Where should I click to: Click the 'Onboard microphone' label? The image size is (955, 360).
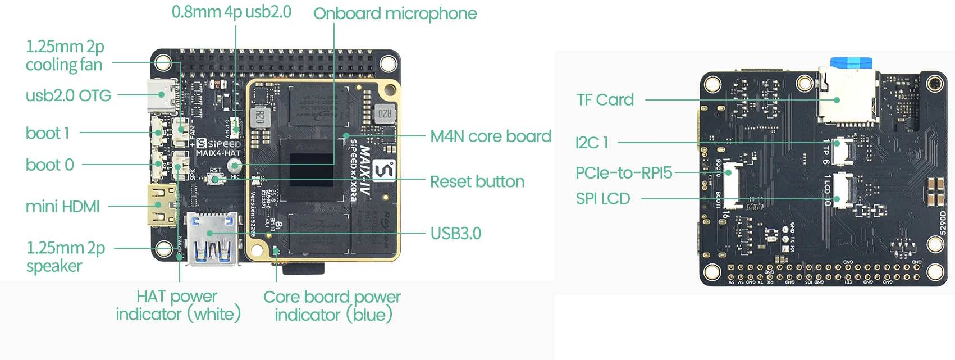(x=395, y=13)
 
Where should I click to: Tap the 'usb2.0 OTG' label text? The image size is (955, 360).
(x=68, y=95)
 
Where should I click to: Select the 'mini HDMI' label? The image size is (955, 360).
(x=62, y=207)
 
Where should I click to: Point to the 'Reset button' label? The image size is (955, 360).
(x=477, y=181)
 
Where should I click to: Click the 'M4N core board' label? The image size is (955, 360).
(x=490, y=136)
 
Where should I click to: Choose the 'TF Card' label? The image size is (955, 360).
(x=605, y=100)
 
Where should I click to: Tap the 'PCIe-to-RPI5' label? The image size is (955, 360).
(x=623, y=173)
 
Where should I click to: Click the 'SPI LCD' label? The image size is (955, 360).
(x=602, y=199)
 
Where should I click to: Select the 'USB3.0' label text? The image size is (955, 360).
(x=455, y=233)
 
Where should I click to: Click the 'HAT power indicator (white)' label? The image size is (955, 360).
(x=178, y=305)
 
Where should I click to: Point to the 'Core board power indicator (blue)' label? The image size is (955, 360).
(x=332, y=306)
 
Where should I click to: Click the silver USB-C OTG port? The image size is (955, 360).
(x=162, y=95)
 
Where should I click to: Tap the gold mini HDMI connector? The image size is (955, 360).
(x=162, y=205)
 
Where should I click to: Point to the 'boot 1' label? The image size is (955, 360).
(x=47, y=133)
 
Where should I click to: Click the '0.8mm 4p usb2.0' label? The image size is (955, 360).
(x=231, y=12)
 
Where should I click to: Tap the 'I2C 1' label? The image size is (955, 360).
(x=591, y=143)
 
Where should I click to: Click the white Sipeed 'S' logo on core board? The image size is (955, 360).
(x=384, y=171)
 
